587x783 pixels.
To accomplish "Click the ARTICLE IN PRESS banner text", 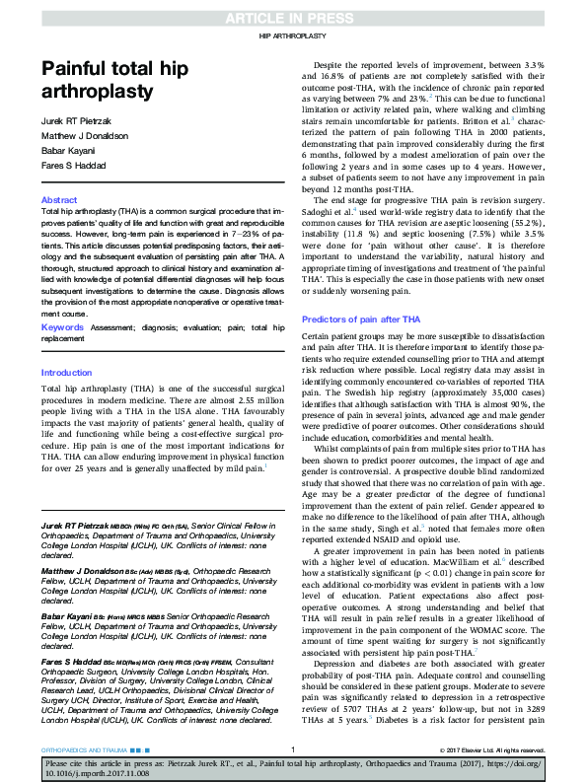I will [x=293, y=19].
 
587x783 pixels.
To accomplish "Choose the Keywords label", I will [x=61, y=326].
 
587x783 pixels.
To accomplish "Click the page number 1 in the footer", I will [x=294, y=750].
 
